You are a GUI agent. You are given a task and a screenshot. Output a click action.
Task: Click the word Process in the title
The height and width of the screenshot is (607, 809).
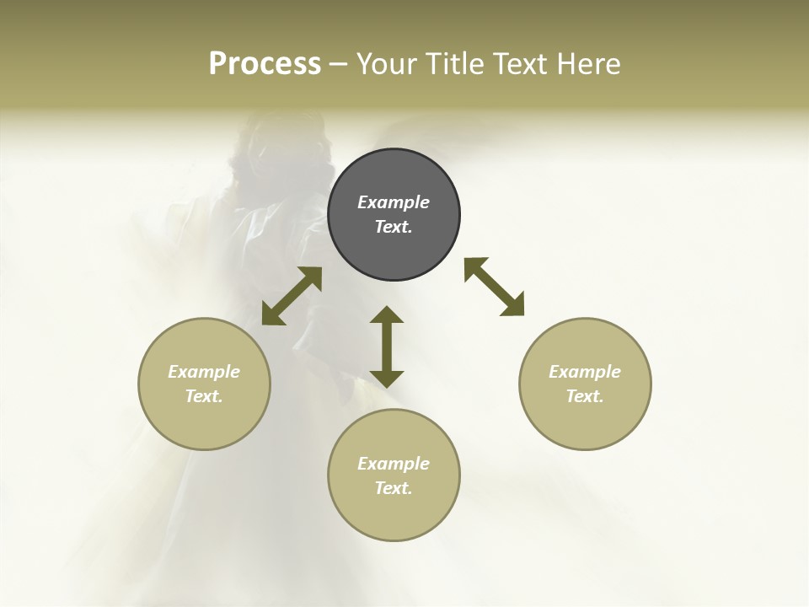point(265,64)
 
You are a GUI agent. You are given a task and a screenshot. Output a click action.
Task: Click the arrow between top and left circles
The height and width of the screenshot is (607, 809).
point(292,296)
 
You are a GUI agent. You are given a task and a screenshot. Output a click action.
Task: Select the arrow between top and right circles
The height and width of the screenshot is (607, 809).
point(494,287)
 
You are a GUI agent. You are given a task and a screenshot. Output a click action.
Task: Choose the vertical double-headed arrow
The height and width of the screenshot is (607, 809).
point(387,346)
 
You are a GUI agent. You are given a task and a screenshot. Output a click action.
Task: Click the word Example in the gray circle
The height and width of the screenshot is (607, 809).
point(394,202)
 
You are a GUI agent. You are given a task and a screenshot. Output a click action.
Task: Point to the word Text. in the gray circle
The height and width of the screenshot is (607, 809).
point(394,227)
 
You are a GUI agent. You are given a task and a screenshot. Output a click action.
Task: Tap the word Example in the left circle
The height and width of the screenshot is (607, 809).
point(204,372)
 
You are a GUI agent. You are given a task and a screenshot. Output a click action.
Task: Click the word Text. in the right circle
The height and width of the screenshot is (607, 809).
point(585,396)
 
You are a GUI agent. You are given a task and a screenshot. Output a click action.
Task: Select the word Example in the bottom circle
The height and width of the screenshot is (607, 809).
point(394,464)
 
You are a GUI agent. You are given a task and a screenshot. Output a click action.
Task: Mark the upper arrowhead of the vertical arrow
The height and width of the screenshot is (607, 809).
point(387,315)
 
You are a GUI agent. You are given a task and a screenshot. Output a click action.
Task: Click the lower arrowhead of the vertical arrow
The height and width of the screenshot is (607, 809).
point(387,378)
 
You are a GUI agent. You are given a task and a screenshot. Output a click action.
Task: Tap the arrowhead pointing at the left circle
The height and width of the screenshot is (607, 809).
point(272,314)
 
